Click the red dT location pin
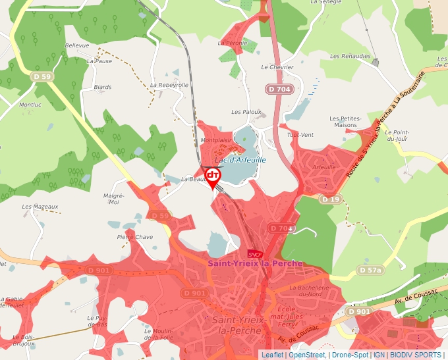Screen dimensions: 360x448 click(213, 176)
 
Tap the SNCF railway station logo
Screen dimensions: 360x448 click(255, 254)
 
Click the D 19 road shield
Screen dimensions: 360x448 click(331, 199)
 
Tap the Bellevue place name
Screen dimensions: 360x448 click(77, 45)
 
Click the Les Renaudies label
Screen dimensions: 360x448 click(350, 57)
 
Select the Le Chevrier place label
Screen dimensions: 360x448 click(277, 67)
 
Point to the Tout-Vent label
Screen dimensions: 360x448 click(301, 135)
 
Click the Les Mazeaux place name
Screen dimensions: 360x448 click(40, 207)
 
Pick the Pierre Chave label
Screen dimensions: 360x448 click(134, 237)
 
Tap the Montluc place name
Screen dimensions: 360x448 click(30, 105)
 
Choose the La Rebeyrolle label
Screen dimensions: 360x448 click(169, 85)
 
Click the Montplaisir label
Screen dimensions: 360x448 click(216, 140)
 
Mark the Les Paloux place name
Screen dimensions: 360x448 click(246, 113)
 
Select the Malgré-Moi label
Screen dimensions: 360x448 click(114, 199)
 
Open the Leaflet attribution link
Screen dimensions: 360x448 click(272, 355)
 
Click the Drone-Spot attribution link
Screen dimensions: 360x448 click(349, 355)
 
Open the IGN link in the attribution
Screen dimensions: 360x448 click(379, 355)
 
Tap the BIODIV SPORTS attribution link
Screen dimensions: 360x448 click(416, 355)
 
